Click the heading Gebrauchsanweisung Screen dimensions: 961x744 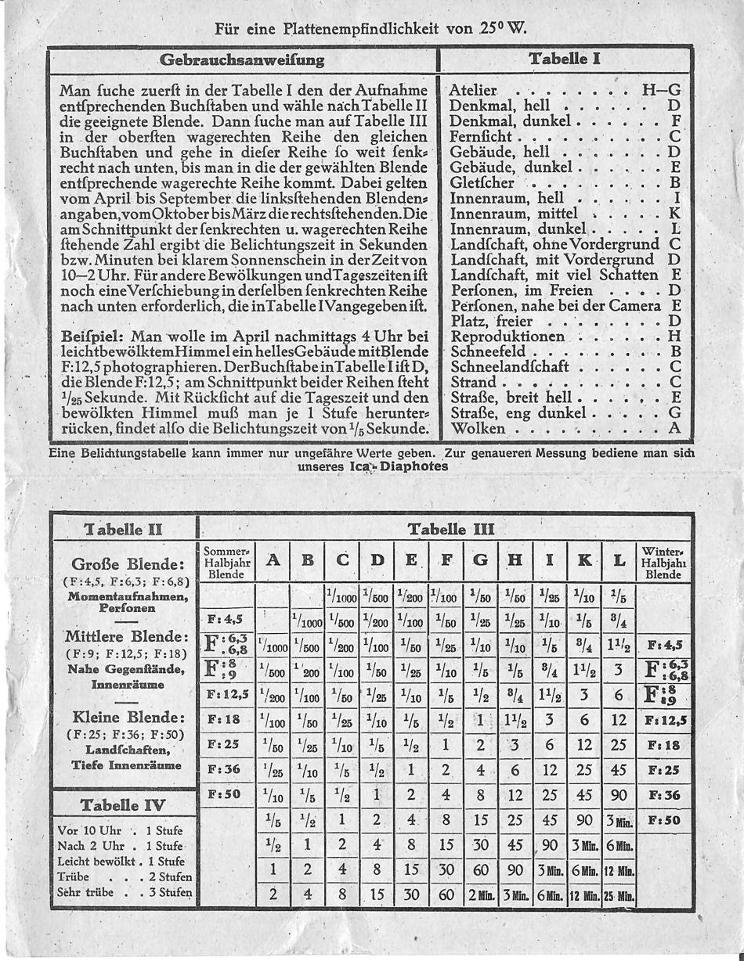[241, 59]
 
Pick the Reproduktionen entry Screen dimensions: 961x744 [507, 337]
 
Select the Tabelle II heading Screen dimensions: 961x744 [123, 529]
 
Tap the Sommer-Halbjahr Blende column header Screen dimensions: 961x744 [225, 562]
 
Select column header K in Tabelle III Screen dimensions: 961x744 [583, 560]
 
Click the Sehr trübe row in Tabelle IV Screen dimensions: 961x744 [125, 892]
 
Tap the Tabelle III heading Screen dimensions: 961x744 [451, 529]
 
